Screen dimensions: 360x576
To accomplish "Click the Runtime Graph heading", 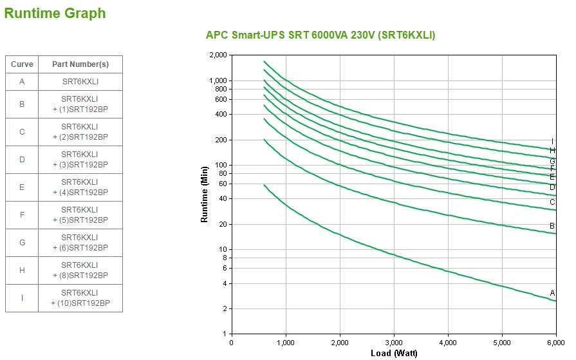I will [55, 13].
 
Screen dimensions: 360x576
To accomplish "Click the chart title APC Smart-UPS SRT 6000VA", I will [320, 35].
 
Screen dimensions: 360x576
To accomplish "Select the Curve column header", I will [22, 64].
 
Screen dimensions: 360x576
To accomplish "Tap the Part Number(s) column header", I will [80, 64].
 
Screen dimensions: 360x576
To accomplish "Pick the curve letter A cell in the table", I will [22, 82].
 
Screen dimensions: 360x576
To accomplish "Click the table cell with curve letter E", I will [22, 187].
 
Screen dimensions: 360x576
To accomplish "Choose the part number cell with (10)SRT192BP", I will [80, 298].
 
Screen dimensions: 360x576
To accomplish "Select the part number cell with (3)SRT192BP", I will [80, 160].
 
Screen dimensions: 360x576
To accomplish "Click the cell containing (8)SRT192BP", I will [80, 270].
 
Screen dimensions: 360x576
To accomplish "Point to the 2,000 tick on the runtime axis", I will [219, 55].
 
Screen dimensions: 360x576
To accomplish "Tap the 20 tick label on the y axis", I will [223, 225].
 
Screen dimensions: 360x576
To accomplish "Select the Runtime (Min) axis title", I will [205, 194].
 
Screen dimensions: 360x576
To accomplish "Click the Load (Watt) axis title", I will [393, 353].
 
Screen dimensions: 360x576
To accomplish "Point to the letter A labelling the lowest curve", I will [552, 293].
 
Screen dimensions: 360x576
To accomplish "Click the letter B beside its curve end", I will [552, 226].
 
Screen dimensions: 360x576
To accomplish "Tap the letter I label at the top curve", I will [552, 142].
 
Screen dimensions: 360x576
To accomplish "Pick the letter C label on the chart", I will [552, 202].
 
